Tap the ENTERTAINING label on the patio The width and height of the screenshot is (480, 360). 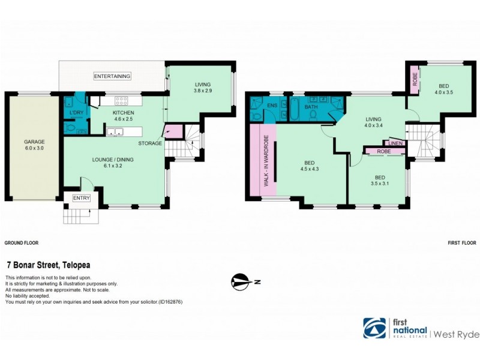pos(112,76)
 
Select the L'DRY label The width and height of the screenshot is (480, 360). pos(76,113)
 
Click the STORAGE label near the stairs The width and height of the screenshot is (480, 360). pos(149,143)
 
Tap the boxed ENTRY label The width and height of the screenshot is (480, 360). pos(80,198)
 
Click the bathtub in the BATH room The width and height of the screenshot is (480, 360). pos(296,110)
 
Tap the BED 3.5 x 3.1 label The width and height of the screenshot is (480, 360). pos(379,181)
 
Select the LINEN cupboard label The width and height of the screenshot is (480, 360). pos(395,143)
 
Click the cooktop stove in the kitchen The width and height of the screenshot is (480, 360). pos(121,101)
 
